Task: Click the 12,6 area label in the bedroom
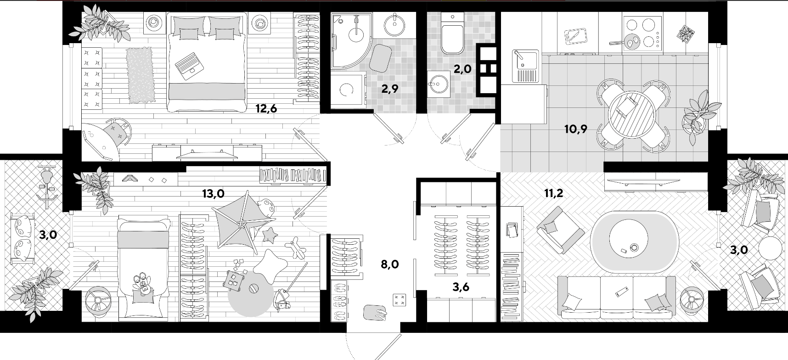click(x=266, y=109)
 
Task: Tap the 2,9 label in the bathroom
click(x=389, y=89)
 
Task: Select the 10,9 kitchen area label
click(x=576, y=129)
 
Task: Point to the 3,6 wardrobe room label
click(x=461, y=287)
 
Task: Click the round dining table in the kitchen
click(x=631, y=114)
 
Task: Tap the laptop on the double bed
click(x=189, y=63)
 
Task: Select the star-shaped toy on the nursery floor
click(x=270, y=236)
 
